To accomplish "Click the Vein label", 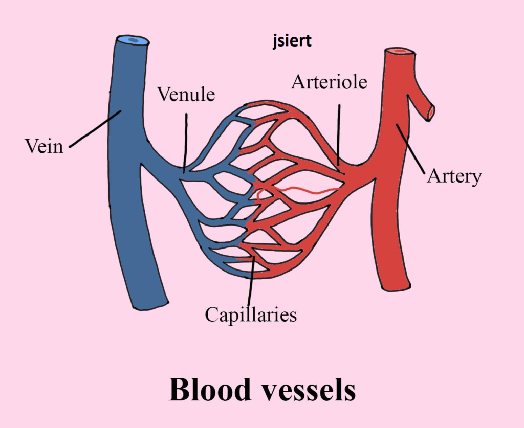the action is point(44,146).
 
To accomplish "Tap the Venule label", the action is point(186,94).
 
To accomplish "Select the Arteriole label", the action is point(329,82).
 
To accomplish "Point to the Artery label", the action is point(454,176).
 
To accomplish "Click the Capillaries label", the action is point(251,314).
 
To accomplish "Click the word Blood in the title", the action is point(210,389).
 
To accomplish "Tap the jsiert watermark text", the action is point(292,41).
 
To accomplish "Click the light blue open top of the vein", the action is point(133,41).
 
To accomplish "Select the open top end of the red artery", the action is point(400,52).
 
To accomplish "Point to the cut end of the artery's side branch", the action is point(431,112).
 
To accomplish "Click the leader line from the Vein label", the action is point(95,129).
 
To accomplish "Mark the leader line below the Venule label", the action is point(185,143).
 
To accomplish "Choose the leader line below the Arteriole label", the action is point(339,135).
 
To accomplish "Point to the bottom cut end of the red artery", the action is point(397,287).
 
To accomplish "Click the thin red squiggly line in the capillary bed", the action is point(296,191).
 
